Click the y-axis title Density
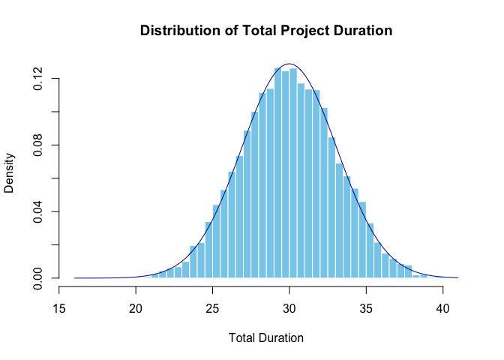pos(10,173)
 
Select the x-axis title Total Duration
pos(266,338)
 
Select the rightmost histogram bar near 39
pos(424,276)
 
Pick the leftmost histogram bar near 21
pos(155,276)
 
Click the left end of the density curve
pos(75,277)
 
